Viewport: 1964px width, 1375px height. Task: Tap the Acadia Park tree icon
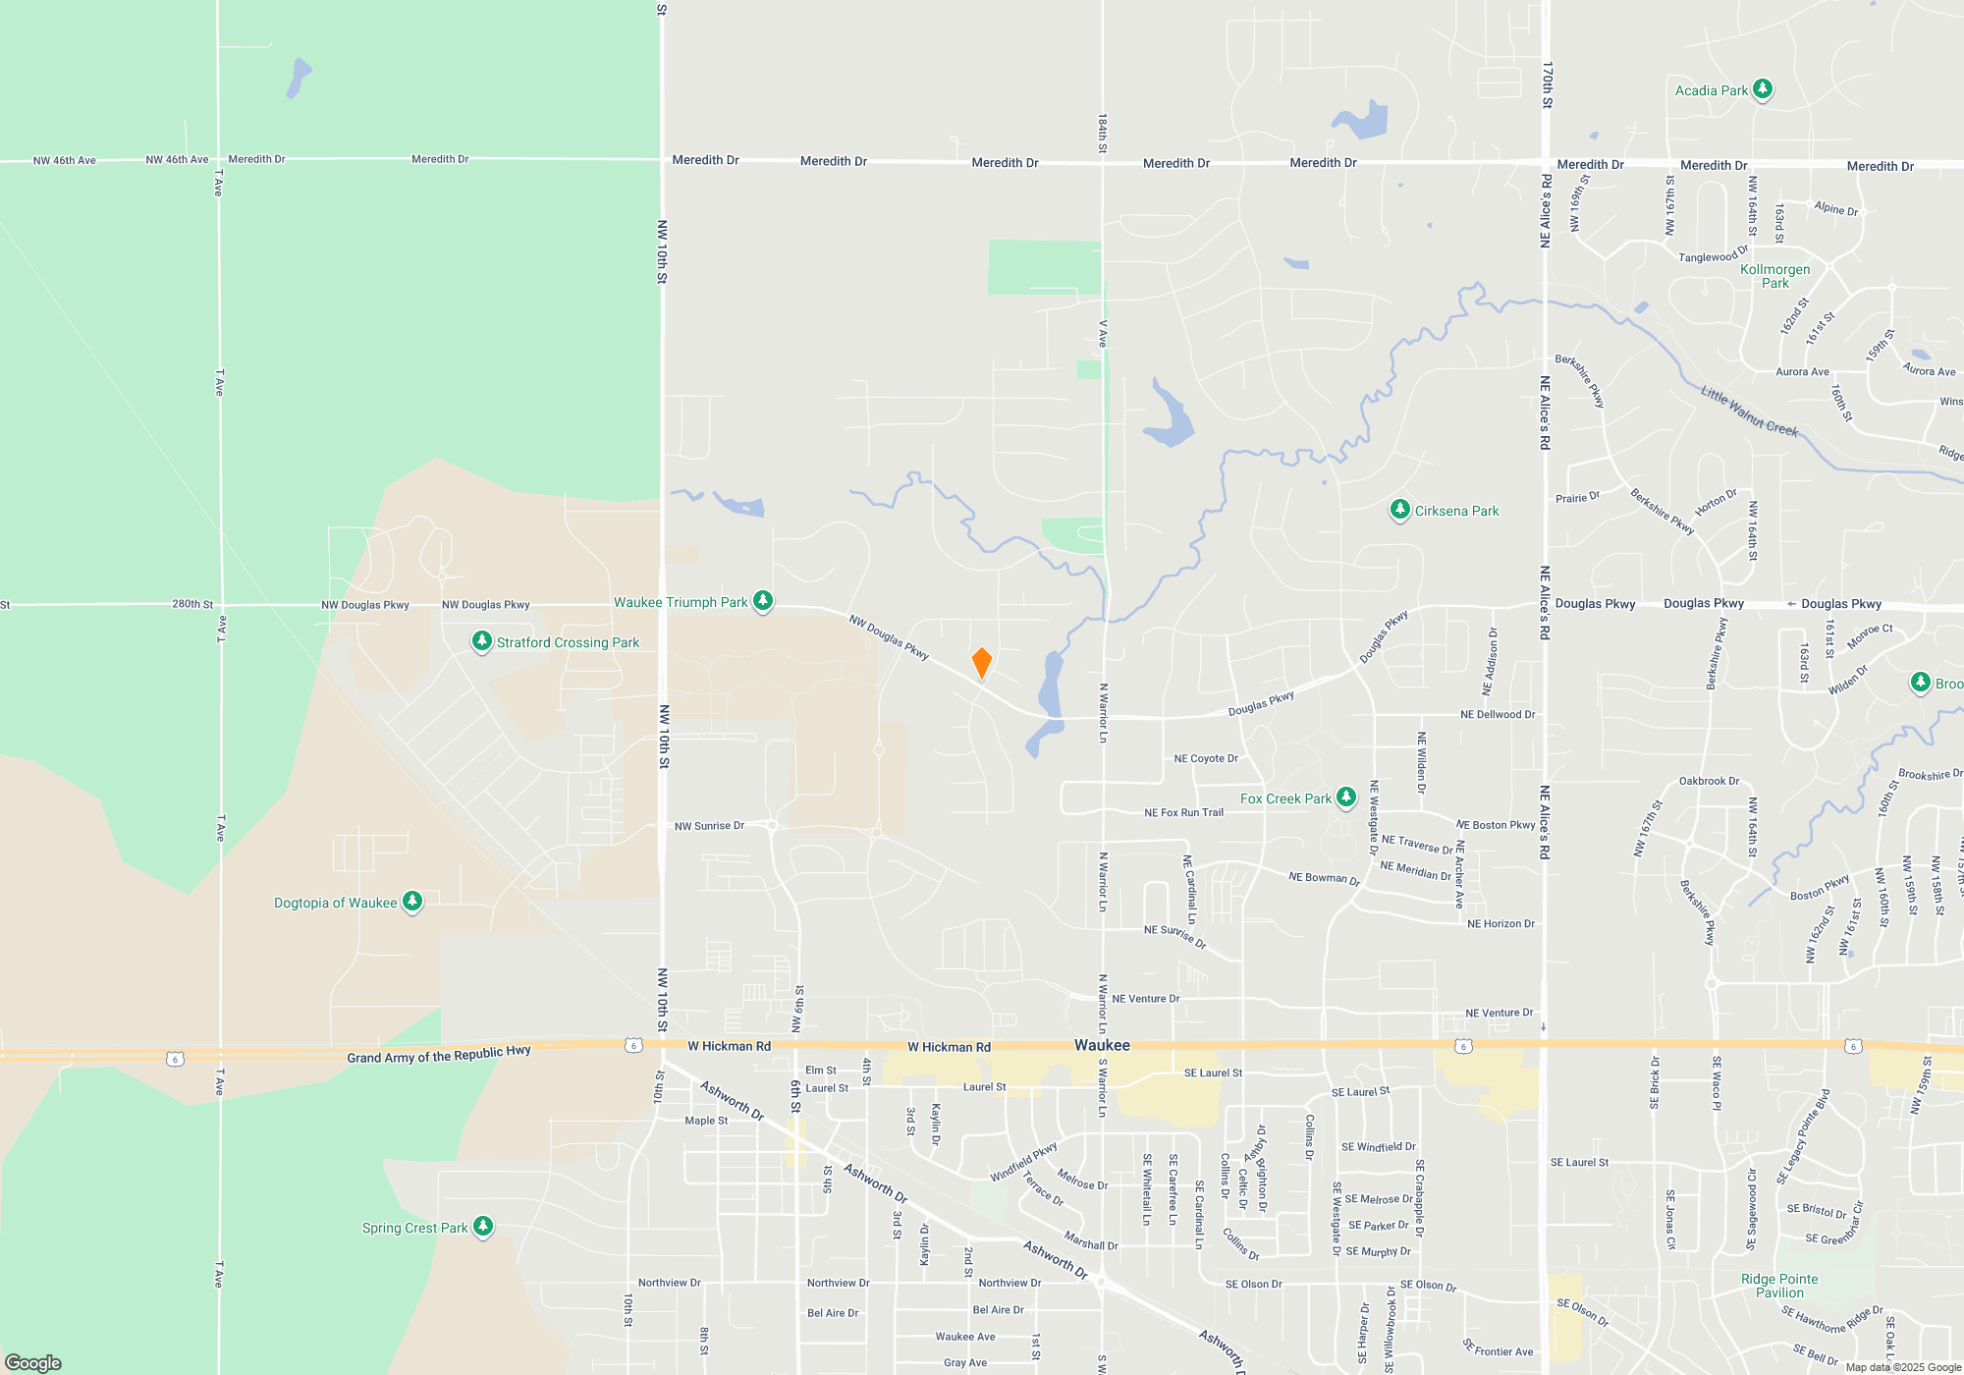pos(1763,89)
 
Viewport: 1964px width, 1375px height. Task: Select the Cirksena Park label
pos(1456,511)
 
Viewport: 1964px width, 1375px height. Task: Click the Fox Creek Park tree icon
pos(1346,797)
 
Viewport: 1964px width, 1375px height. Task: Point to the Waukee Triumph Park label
pos(681,602)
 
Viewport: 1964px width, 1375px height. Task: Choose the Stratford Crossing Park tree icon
pos(481,641)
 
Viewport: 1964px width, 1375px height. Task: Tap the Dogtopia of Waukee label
pos(335,903)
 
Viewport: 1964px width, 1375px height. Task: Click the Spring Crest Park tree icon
pos(482,1227)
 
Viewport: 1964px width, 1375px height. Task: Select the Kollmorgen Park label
pos(1774,276)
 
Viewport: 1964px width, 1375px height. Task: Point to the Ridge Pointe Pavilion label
pos(1779,1286)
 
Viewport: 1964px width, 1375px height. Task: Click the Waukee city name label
pos(1102,1045)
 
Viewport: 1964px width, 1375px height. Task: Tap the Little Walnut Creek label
pos(1749,410)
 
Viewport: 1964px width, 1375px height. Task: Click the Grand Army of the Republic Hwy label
pos(438,1055)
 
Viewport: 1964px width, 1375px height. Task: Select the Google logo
pos(33,1362)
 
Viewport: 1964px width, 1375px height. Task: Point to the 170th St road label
pos(1548,84)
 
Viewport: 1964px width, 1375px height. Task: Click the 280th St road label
pos(192,604)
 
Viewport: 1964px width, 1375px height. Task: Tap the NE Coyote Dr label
pos(1206,758)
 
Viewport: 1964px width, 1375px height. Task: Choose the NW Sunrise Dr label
pos(709,826)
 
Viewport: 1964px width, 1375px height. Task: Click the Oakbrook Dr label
pos(1709,781)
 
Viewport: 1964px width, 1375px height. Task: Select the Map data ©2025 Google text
pos(1903,1367)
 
